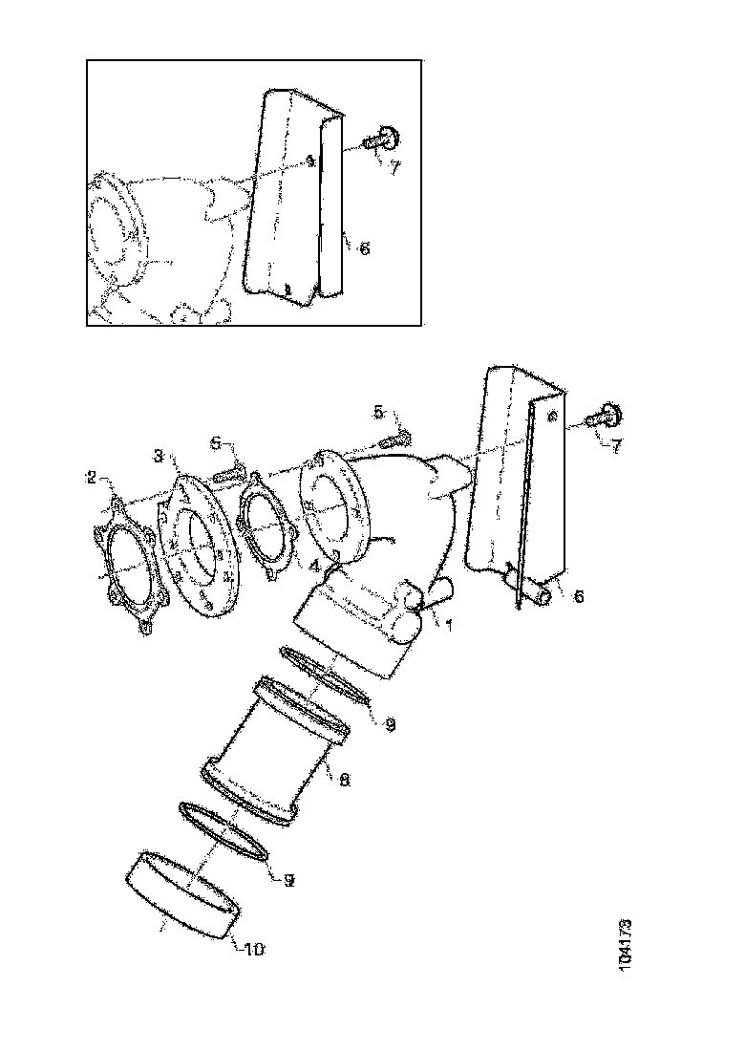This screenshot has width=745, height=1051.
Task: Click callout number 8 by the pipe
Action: [x=344, y=779]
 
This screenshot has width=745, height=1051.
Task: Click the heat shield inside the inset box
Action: [x=287, y=201]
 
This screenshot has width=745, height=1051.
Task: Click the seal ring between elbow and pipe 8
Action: [x=325, y=676]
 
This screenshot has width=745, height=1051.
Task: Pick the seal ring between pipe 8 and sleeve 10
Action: [x=223, y=830]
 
